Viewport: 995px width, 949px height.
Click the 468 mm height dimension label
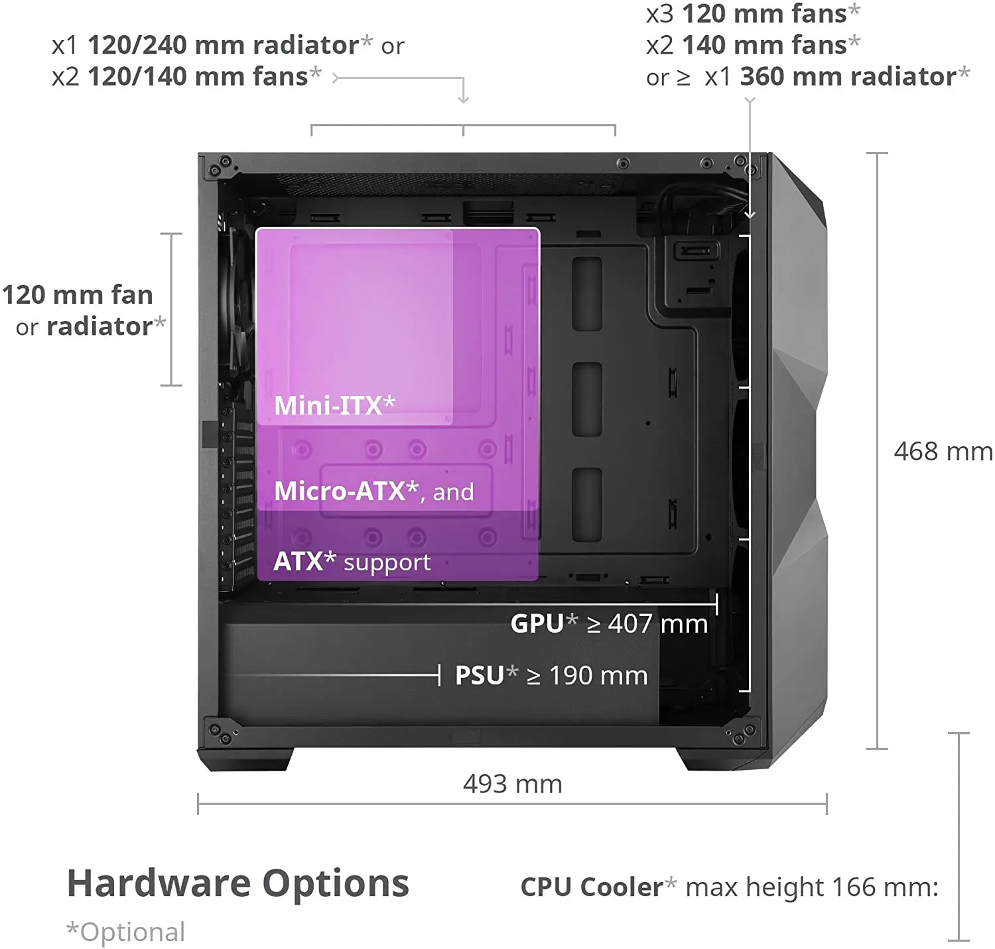(943, 452)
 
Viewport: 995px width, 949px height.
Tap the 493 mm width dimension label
(512, 784)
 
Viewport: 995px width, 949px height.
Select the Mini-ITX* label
(334, 405)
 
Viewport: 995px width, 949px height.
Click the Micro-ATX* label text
(347, 491)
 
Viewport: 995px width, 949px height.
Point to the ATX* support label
(352, 562)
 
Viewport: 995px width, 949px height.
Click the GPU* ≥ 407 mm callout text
(609, 623)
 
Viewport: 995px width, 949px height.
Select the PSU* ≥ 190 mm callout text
(551, 675)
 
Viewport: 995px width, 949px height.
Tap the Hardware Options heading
(238, 884)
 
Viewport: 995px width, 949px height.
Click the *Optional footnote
(126, 932)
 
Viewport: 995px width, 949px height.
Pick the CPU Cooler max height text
(729, 887)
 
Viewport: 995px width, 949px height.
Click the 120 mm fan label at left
(77, 294)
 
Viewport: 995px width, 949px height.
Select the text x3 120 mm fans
(753, 14)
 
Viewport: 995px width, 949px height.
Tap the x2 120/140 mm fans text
(187, 76)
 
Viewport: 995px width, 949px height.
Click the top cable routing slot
(587, 294)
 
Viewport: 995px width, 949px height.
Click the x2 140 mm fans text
(753, 45)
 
